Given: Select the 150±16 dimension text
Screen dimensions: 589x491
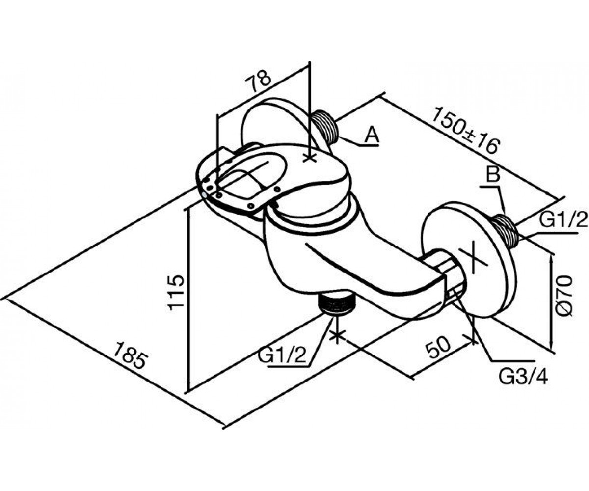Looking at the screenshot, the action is point(465,130).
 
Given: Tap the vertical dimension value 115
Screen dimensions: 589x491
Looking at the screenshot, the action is point(176,293).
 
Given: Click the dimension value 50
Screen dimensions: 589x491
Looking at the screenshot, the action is point(439,348).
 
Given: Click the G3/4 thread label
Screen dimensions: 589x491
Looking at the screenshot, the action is point(523,378).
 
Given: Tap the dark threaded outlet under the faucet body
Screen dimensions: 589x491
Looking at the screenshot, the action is point(336,303).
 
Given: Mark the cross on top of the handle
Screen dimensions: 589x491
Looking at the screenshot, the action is point(310,159).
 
